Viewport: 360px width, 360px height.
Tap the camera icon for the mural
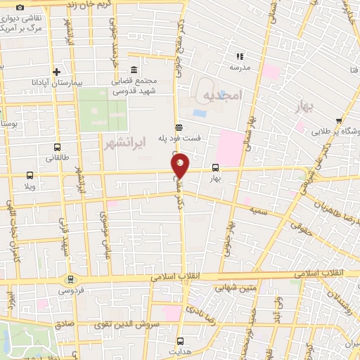click(20, 7)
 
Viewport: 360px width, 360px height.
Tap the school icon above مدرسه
click(240, 56)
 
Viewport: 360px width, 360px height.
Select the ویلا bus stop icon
click(30, 175)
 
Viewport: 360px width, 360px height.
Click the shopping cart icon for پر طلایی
click(340, 120)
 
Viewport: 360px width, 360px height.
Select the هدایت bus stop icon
click(180, 341)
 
